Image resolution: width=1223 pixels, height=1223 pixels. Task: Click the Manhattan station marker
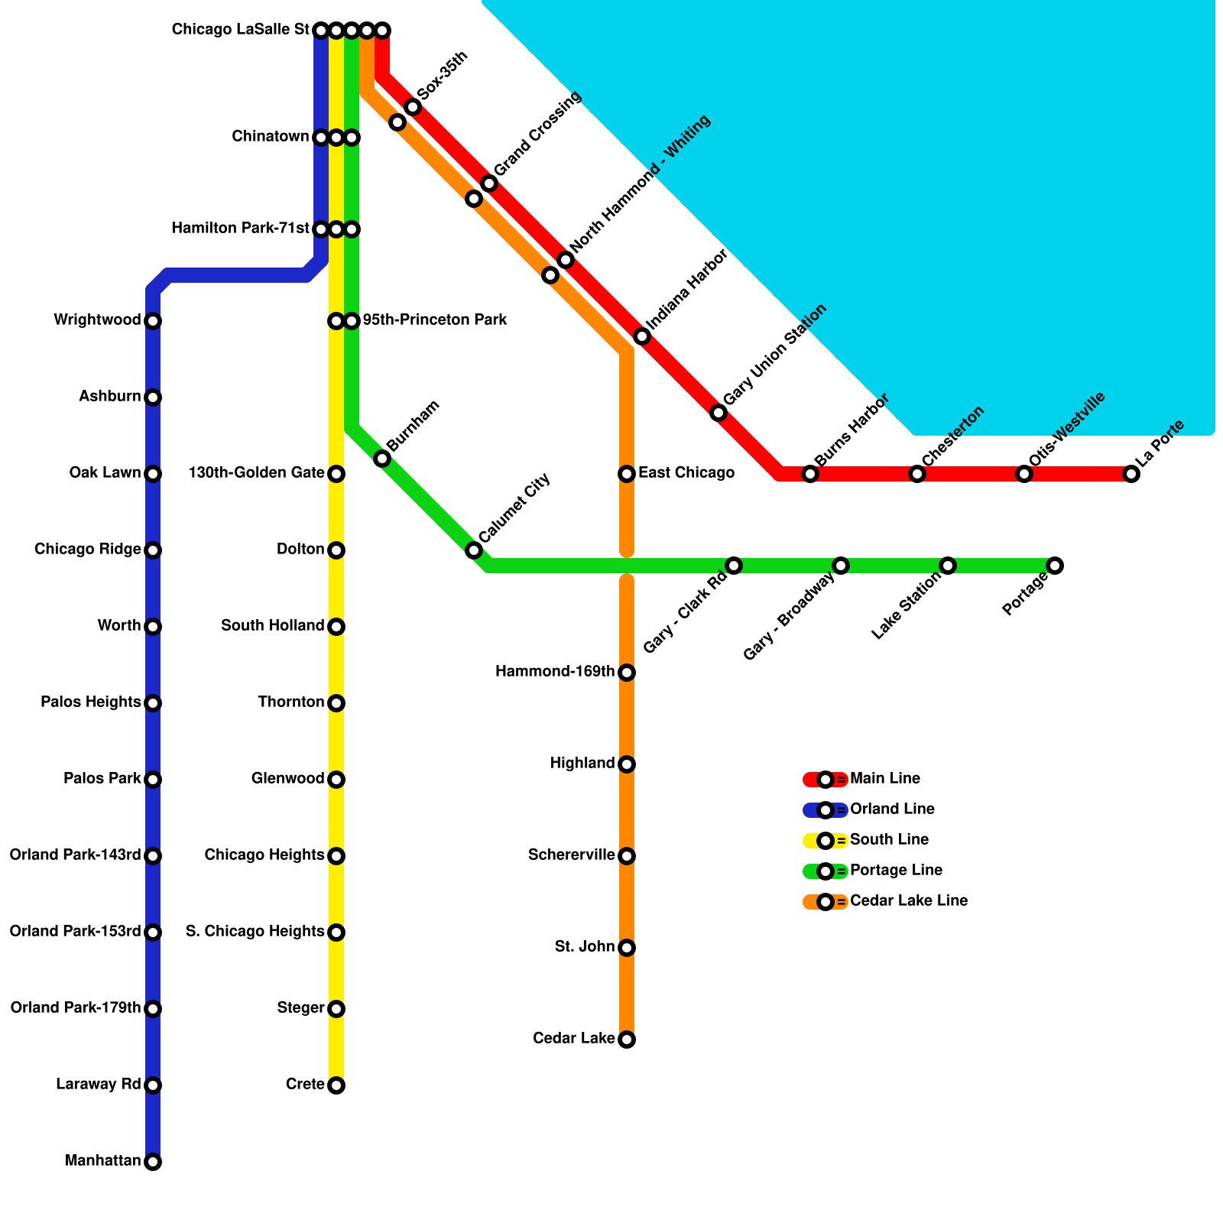coord(153,1162)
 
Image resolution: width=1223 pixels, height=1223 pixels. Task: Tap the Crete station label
coord(304,1085)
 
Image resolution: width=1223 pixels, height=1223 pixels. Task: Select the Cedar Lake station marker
coord(627,1040)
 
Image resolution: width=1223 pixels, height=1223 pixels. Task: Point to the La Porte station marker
coord(1131,474)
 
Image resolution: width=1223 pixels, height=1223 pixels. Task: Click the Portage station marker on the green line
coord(1055,566)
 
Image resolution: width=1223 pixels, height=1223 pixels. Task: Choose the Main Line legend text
coord(884,779)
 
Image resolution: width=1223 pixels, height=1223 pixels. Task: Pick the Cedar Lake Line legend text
coord(908,901)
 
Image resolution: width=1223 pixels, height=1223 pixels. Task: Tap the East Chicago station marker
coord(627,474)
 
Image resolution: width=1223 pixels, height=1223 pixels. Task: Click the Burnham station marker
coord(382,459)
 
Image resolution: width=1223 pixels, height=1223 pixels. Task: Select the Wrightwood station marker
coord(153,321)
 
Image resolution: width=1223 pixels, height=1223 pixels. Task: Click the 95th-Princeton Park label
coord(434,320)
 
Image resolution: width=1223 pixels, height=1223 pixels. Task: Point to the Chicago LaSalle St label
coord(240,30)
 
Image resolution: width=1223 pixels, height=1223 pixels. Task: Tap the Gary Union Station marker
coord(719,413)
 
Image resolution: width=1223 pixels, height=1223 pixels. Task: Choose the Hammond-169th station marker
coord(627,673)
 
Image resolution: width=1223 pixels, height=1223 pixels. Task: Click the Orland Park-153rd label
coord(75,932)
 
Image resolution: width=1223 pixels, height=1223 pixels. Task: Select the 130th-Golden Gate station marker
coord(336,474)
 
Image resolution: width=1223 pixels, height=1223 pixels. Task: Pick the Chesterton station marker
coord(917,474)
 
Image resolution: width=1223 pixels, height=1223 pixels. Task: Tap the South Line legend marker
coord(826,841)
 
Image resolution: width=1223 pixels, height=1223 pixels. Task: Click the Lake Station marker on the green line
coord(948,566)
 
